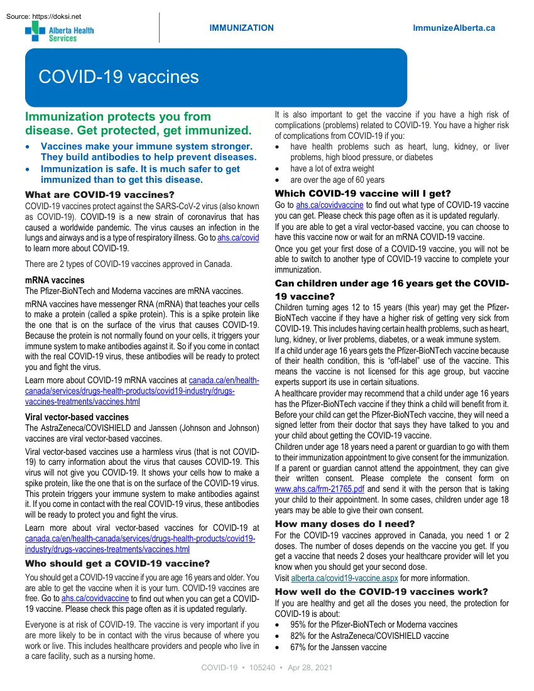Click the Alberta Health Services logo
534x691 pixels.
(59, 32)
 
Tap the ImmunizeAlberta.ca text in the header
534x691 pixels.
(454, 28)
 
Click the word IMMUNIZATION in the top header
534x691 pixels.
(241, 28)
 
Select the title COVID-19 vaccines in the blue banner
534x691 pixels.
(119, 77)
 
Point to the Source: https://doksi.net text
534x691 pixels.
(42, 16)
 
